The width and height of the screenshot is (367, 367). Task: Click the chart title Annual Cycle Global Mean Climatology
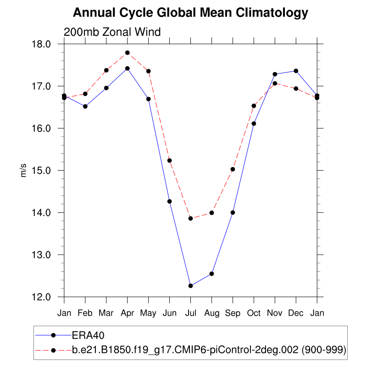[x=190, y=13]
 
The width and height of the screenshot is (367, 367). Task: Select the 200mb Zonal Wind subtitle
[x=112, y=32]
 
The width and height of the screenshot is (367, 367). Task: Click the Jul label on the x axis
[x=190, y=313]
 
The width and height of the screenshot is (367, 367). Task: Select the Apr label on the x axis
[x=127, y=313]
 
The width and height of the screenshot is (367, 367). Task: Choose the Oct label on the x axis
[x=254, y=313]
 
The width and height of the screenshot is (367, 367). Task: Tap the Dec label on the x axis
[x=296, y=313]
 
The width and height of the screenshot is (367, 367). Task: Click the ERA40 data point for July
[x=190, y=286]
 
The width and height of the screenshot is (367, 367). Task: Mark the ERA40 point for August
[x=211, y=274]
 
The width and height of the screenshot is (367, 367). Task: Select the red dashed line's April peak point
[x=127, y=53]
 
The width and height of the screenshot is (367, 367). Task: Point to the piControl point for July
[x=190, y=218]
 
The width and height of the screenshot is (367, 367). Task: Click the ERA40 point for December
[x=296, y=71]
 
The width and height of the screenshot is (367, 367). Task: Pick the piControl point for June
[x=169, y=160]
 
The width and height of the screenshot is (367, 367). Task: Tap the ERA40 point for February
[x=85, y=106]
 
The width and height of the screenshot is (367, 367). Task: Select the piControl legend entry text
[x=209, y=350]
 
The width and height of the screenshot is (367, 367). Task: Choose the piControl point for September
[x=233, y=169]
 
